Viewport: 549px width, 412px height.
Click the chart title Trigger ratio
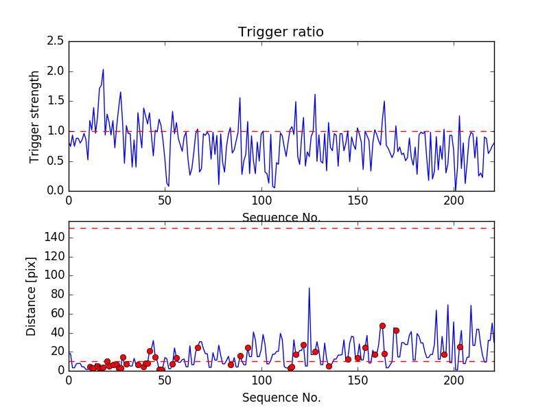[281, 32]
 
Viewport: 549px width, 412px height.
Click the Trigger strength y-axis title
[35, 116]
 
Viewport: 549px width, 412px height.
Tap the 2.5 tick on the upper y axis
[56, 41]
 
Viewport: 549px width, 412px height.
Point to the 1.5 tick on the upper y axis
[56, 101]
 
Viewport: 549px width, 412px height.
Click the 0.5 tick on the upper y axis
[56, 161]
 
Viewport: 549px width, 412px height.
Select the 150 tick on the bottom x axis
[358, 380]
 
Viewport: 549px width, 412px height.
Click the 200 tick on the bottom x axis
[455, 380]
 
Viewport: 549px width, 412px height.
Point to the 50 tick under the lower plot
[165, 380]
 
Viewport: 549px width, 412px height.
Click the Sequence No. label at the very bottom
[281, 398]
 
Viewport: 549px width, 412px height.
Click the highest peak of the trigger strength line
[103, 69]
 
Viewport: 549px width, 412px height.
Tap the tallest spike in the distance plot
[309, 288]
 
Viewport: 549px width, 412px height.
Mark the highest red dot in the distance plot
[382, 325]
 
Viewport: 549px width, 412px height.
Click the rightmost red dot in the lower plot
[460, 347]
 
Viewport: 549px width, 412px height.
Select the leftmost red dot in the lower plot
[90, 367]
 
